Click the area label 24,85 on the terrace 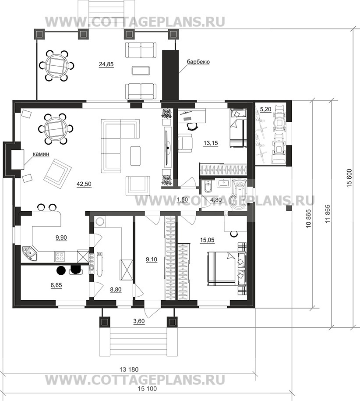pos(106,64)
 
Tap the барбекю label pos(198,62)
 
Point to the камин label pos(41,154)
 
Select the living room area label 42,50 pos(84,184)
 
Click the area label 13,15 pos(211,143)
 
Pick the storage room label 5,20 pos(265,110)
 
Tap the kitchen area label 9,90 pos(61,238)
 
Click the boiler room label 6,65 pos(56,285)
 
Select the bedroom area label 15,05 pos(207,240)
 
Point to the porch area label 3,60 pos(139,321)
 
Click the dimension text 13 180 pos(129,369)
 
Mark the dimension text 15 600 pos(349,178)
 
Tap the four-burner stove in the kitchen pos(60,256)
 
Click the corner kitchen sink pos(30,254)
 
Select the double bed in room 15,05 pos(227,269)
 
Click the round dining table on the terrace pos(56,65)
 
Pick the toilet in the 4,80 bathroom pos(209,187)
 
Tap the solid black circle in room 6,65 pos(61,270)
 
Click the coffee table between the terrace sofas pos(141,71)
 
